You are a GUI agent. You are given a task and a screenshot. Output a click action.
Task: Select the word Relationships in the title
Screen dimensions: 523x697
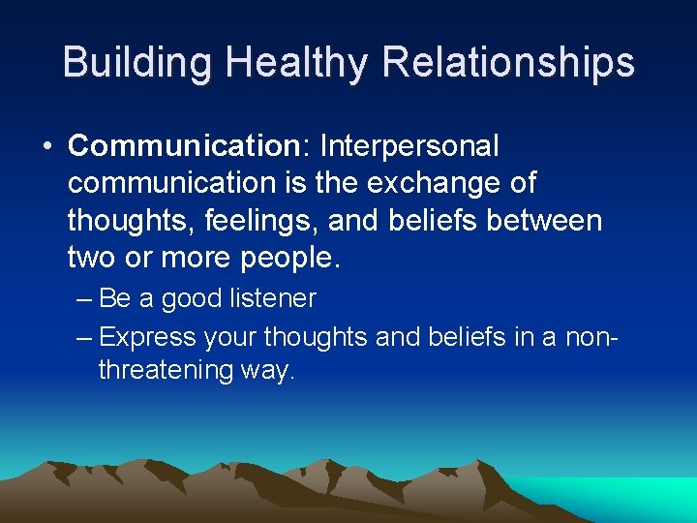(508, 62)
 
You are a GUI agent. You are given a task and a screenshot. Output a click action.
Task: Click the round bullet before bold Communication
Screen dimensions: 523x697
(46, 147)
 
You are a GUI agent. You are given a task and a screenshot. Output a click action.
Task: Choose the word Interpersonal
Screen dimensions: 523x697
(409, 146)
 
